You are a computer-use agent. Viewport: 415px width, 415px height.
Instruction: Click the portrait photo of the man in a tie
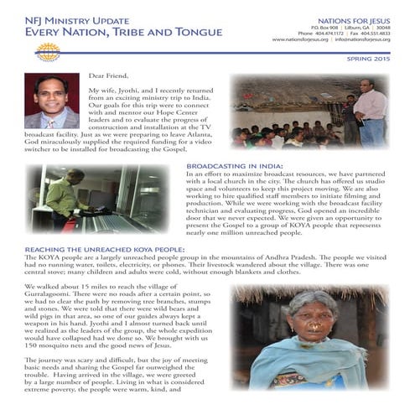[51, 101]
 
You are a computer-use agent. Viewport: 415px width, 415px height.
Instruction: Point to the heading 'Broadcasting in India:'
[234, 165]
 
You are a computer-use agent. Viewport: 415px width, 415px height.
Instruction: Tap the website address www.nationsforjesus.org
[301, 39]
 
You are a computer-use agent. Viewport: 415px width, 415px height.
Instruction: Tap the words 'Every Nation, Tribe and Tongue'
[112, 32]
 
